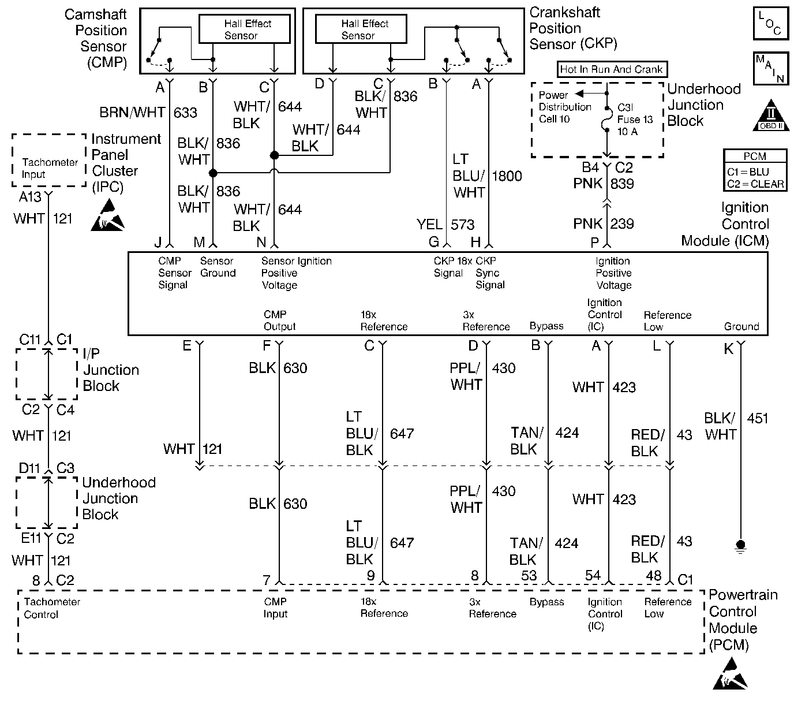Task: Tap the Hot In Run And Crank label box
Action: click(x=612, y=69)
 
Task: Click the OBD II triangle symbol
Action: click(x=771, y=116)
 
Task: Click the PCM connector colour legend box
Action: click(x=755, y=170)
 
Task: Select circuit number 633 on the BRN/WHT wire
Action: click(x=185, y=113)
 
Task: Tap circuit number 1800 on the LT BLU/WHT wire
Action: click(x=507, y=176)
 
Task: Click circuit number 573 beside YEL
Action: click(x=462, y=225)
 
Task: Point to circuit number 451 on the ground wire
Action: click(x=758, y=418)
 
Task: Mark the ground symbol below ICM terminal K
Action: click(x=740, y=547)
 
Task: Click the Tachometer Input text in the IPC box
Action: click(x=50, y=169)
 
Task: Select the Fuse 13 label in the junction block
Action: click(x=635, y=120)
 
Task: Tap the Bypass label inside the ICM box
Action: click(x=546, y=326)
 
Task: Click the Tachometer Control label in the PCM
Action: click(x=52, y=608)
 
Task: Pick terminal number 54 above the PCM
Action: click(x=593, y=575)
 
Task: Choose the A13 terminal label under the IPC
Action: click(x=30, y=197)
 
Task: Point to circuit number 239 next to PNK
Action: click(x=622, y=224)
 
